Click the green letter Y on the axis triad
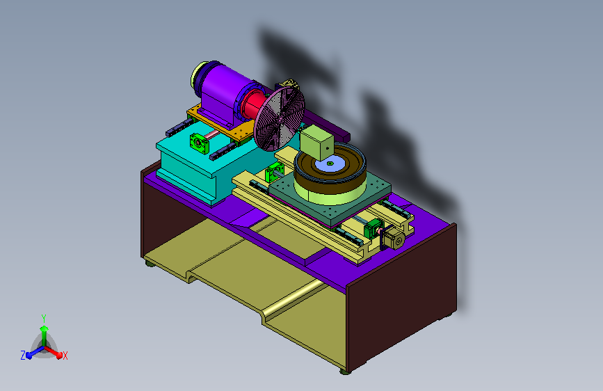pos(44,319)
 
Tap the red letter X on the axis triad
pos(65,356)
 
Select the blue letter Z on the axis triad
pos(23,356)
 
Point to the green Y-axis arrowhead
pos(45,328)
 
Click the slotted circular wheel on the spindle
pos(280,118)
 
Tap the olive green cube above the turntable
pos(316,142)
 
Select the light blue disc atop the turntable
pos(330,164)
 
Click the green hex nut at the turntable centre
pos(330,163)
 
